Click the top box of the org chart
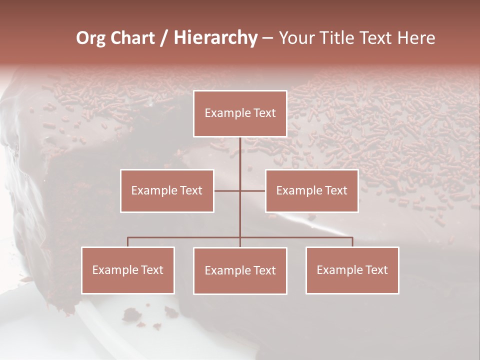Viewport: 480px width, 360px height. tap(240, 113)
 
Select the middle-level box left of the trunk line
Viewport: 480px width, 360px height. tap(167, 191)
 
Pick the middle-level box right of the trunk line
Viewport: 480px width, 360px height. tap(311, 191)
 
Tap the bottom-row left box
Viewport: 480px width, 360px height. tap(128, 270)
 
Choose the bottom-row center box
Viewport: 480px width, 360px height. tap(240, 271)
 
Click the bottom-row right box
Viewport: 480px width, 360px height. tap(352, 270)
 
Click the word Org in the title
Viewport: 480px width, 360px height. tap(90, 38)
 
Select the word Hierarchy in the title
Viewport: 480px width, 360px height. tap(215, 38)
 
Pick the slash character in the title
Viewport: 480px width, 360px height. tap(164, 38)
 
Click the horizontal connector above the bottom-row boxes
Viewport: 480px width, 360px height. tap(185, 237)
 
